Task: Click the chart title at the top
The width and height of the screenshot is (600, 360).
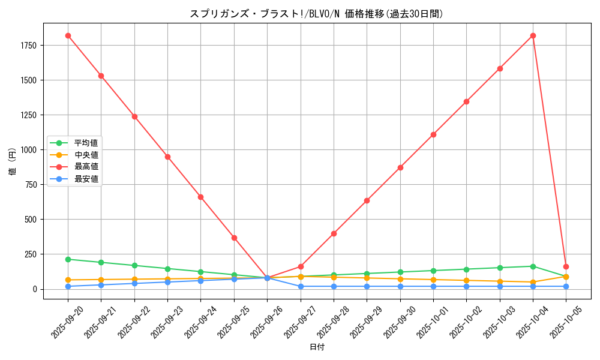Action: click(316, 14)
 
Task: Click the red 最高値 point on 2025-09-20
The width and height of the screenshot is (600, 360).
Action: click(68, 35)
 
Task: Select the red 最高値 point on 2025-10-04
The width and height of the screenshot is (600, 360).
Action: click(533, 35)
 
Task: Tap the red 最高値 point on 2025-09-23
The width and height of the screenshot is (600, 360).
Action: click(167, 157)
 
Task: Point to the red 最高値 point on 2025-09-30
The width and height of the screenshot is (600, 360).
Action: click(400, 167)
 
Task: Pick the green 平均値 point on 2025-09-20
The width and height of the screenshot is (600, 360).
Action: click(68, 259)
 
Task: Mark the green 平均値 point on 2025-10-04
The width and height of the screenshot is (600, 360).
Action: click(533, 266)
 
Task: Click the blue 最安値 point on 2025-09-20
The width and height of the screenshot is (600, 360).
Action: click(68, 286)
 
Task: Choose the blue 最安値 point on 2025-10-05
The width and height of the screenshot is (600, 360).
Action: click(566, 286)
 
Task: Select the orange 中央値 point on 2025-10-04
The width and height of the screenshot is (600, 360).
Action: click(533, 282)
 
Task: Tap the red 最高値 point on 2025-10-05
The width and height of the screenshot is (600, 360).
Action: click(566, 266)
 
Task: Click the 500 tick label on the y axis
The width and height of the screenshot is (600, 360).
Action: click(30, 220)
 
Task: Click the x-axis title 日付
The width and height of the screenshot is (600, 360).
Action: click(317, 347)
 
